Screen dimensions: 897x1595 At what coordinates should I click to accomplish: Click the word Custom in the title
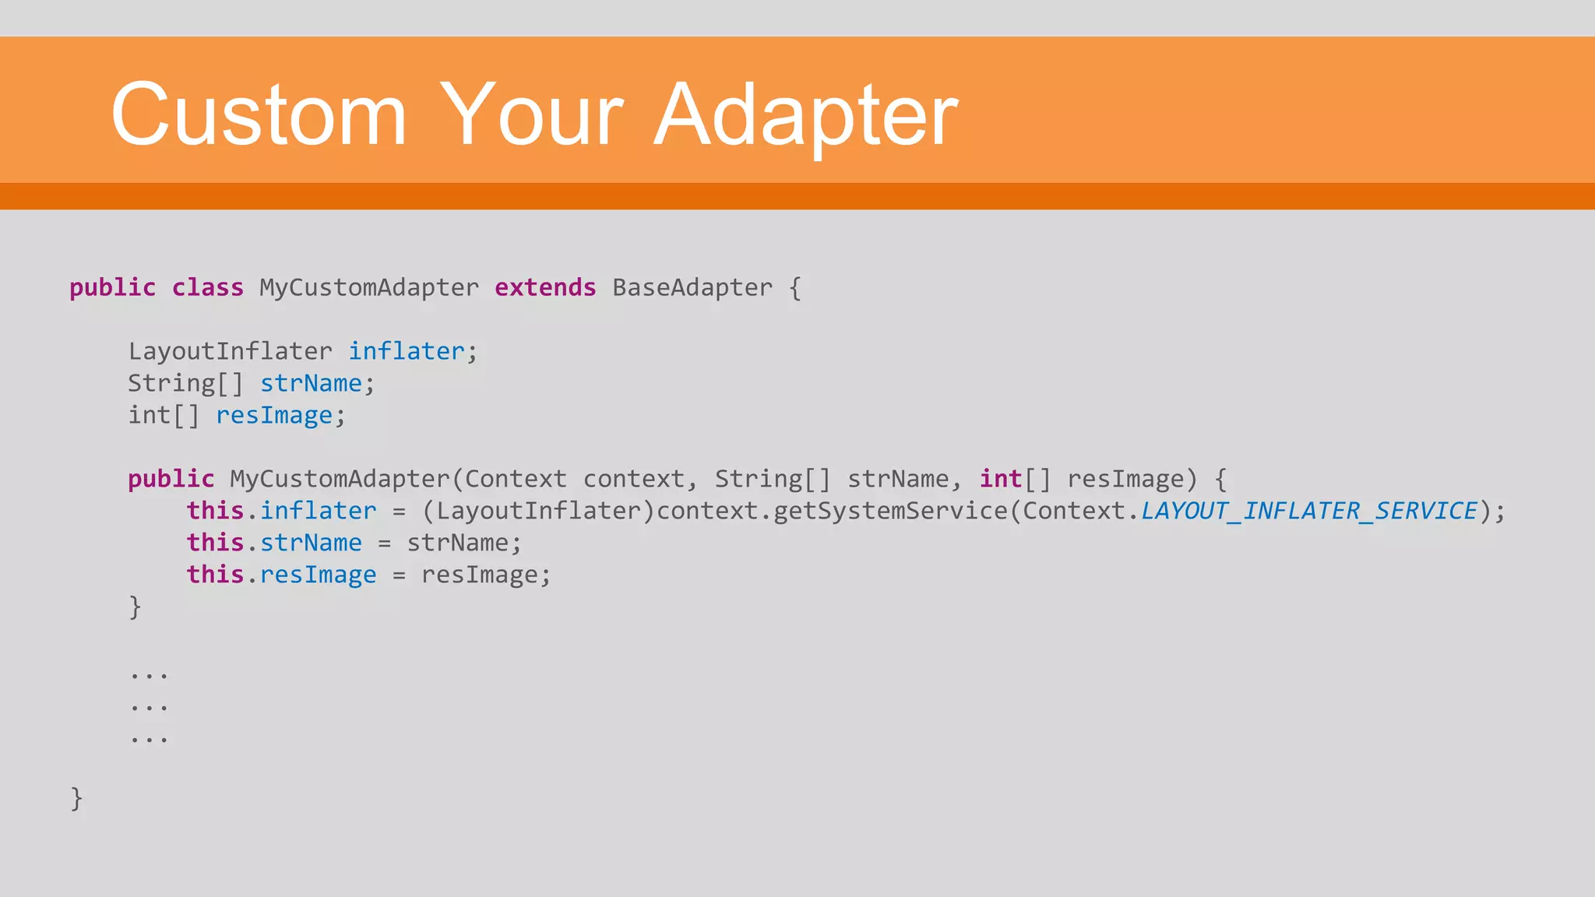pos(259,115)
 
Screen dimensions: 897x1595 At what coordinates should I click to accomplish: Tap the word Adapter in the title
pos(806,115)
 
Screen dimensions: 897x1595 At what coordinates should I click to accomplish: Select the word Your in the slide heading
pos(532,115)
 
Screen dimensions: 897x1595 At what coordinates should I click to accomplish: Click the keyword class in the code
pos(207,287)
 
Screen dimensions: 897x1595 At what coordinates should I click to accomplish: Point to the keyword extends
pos(545,287)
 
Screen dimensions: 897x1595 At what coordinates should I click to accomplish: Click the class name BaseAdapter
pos(692,287)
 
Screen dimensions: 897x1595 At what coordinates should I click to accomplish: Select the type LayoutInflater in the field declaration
pos(230,351)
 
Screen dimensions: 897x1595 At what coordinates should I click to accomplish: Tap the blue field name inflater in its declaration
pos(406,351)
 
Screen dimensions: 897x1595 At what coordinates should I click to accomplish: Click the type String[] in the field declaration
pos(185,383)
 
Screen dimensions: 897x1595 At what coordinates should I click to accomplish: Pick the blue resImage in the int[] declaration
pos(274,416)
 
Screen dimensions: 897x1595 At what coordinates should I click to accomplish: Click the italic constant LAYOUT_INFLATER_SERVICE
pos(1309,511)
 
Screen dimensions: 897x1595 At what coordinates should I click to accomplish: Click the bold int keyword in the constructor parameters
pos(1000,479)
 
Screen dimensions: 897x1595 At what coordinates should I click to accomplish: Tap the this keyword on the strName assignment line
pos(215,543)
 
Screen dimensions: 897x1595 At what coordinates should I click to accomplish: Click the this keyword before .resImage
pos(215,575)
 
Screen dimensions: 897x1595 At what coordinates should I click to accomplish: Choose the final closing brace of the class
pos(76,798)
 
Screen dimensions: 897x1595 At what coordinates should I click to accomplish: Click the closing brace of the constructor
pos(135,607)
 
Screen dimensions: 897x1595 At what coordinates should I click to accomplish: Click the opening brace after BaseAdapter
pos(794,288)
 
